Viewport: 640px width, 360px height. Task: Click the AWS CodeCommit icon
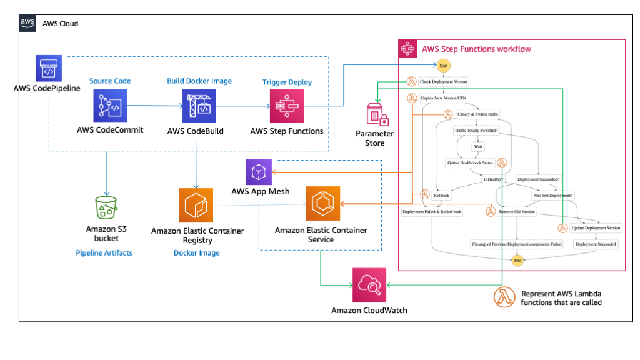(x=110, y=106)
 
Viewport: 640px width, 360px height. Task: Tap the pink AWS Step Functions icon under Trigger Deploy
(x=286, y=106)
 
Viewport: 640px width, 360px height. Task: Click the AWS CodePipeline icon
(x=48, y=68)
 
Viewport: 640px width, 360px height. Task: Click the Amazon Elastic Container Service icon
(x=322, y=204)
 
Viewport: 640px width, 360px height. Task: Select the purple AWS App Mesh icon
(x=259, y=171)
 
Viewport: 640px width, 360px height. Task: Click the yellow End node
(x=517, y=260)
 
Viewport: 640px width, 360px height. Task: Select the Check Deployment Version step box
(x=443, y=81)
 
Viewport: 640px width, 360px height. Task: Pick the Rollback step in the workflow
(x=441, y=195)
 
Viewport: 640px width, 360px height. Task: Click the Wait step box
(x=478, y=146)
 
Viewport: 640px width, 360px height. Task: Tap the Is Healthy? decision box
(x=492, y=179)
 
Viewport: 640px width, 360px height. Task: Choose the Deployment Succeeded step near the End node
(x=596, y=244)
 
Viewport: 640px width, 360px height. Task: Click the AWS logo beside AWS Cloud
(x=27, y=23)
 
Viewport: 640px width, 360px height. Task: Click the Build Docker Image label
(x=199, y=81)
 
